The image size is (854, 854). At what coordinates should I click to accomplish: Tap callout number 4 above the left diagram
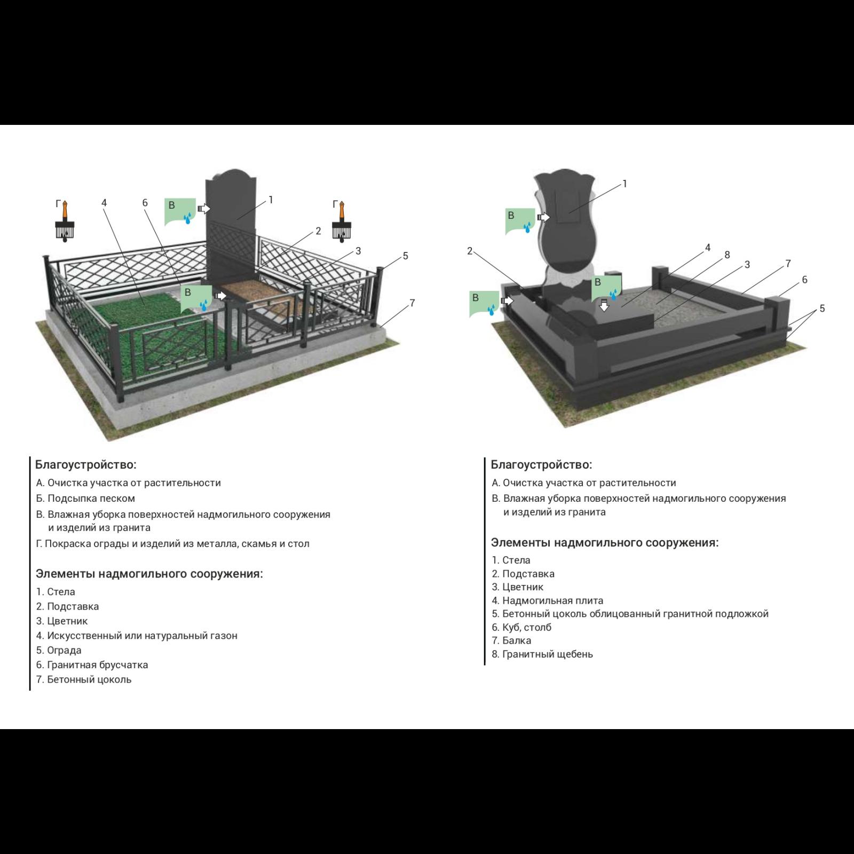click(104, 203)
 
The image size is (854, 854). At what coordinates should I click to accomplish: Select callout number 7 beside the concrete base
click(412, 303)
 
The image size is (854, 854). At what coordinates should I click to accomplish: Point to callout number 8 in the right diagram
click(727, 255)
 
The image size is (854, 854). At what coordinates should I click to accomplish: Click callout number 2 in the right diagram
click(470, 251)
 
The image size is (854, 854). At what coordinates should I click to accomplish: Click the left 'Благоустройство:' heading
click(86, 464)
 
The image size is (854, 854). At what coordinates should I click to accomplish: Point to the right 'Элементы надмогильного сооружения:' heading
click(605, 543)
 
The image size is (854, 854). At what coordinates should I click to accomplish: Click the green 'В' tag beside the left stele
click(180, 211)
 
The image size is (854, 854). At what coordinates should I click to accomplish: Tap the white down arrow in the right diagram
click(604, 305)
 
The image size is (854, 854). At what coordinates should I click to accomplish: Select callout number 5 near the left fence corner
click(406, 256)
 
